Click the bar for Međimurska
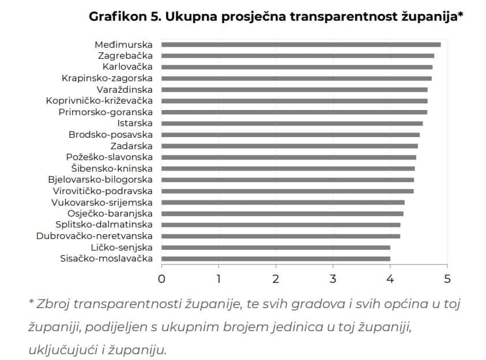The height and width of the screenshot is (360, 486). pyautogui.click(x=301, y=44)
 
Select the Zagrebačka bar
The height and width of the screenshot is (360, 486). pyautogui.click(x=297, y=56)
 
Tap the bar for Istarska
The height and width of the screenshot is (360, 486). pyautogui.click(x=292, y=123)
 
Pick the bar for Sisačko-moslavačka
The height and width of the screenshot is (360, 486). pyautogui.click(x=276, y=259)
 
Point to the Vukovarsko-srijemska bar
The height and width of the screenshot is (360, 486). pyautogui.click(x=282, y=202)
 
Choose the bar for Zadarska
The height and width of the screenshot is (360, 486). pyautogui.click(x=289, y=146)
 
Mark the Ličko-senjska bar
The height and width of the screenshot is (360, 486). pyautogui.click(x=276, y=247)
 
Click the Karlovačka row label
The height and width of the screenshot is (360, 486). pyautogui.click(x=123, y=67)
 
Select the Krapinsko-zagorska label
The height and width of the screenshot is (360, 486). pyautogui.click(x=107, y=78)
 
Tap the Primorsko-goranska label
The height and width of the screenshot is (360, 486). pyautogui.click(x=106, y=112)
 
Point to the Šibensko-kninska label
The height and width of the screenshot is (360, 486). pyautogui.click(x=112, y=168)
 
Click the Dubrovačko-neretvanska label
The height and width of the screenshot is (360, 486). pyautogui.click(x=94, y=236)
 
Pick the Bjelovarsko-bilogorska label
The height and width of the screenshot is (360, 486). pyautogui.click(x=100, y=180)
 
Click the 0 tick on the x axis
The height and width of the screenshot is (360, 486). pyautogui.click(x=161, y=279)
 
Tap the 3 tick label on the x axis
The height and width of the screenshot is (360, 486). pyautogui.click(x=333, y=279)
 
